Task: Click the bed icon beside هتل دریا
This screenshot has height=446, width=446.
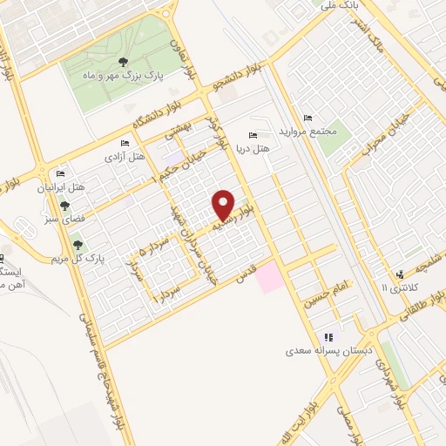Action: (253, 135)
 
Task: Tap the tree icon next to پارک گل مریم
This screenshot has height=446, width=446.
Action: (79, 246)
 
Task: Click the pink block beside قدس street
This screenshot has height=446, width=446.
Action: (270, 277)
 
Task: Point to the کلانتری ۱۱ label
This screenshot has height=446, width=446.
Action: (401, 287)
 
